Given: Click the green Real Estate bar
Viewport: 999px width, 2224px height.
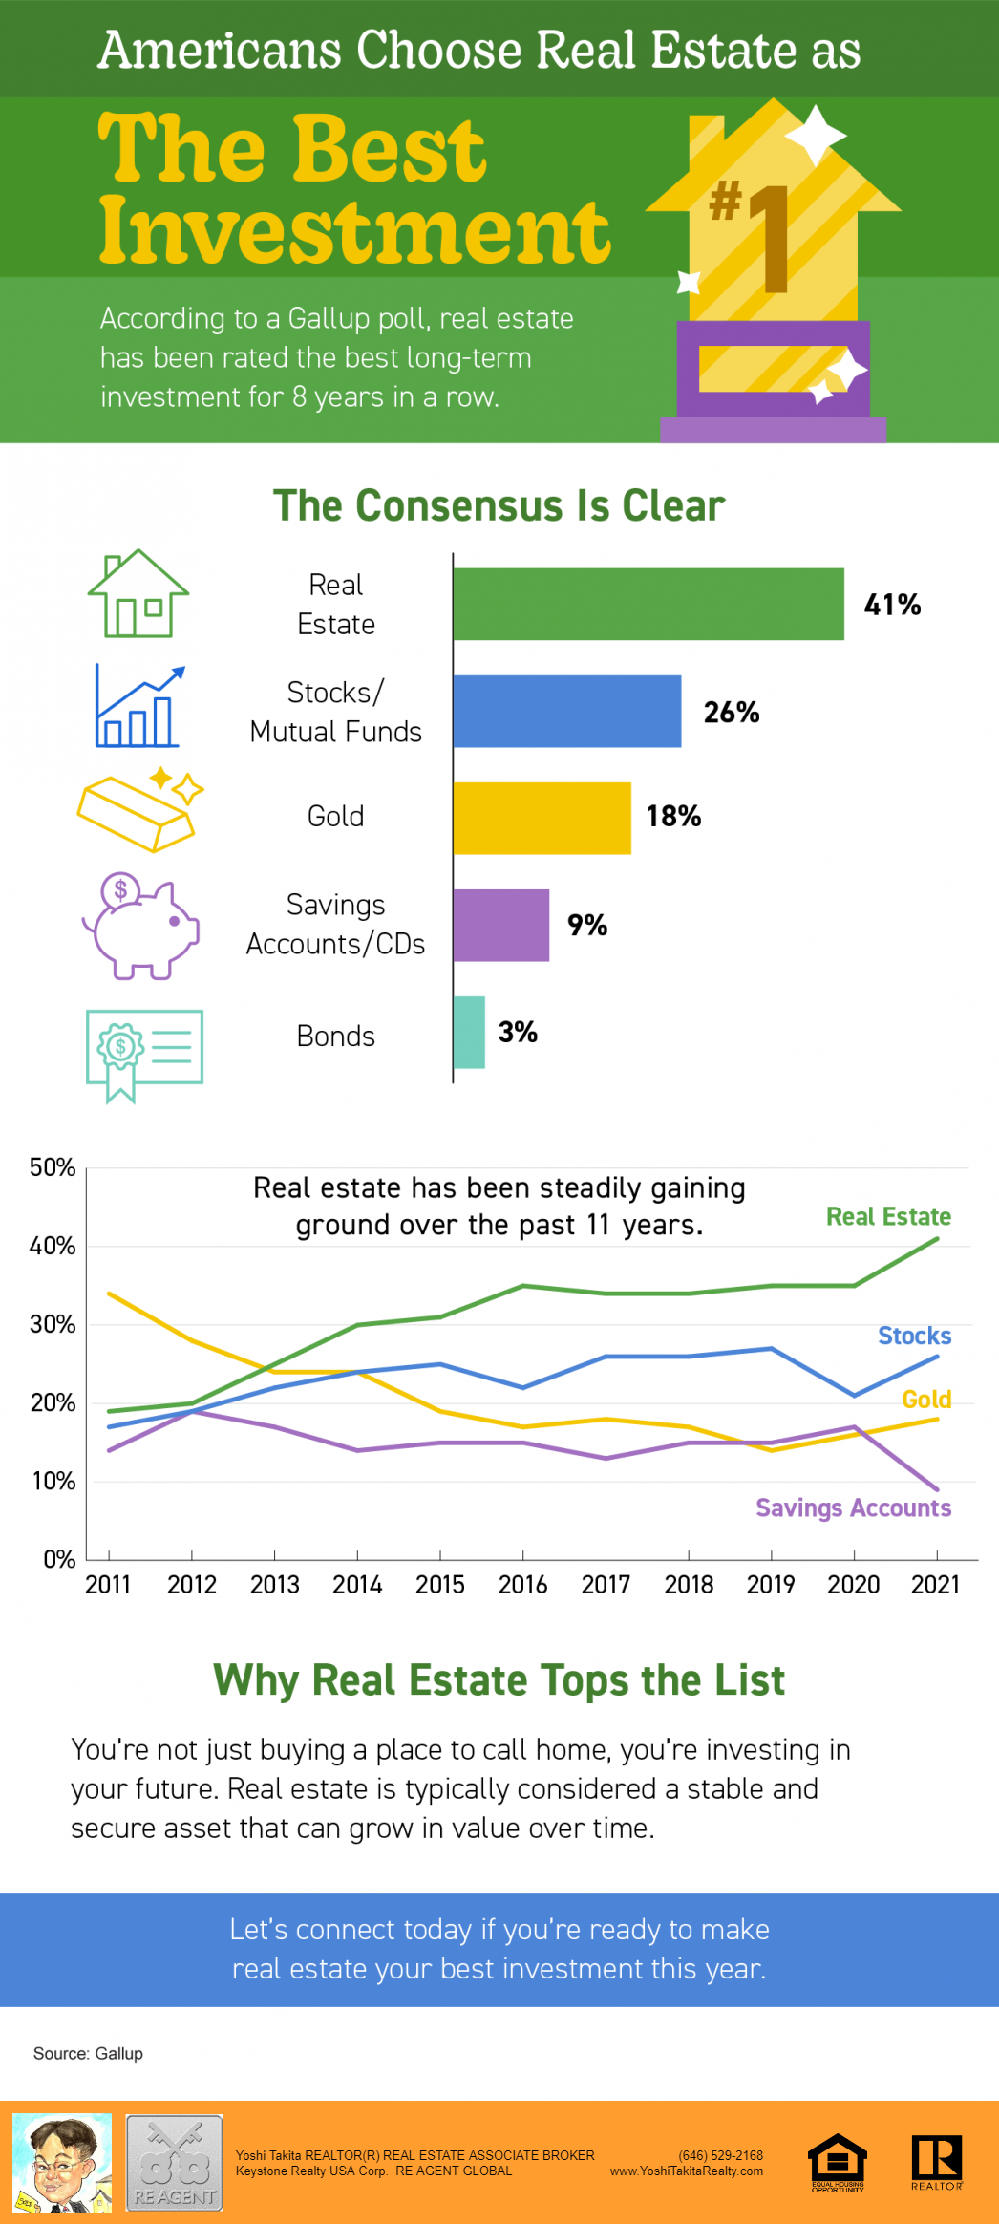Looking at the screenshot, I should click(648, 604).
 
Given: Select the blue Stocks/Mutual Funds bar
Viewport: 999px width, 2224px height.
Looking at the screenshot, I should click(567, 711).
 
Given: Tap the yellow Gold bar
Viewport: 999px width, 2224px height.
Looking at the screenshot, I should click(542, 818).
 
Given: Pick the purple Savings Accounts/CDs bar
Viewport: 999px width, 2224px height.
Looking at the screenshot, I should click(500, 925).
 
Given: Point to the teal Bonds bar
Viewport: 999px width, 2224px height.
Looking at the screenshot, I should click(469, 1032).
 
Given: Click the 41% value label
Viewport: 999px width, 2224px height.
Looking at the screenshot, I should click(892, 605).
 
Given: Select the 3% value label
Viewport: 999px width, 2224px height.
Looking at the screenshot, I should click(518, 1032).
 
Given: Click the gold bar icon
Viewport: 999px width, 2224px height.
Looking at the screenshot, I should click(139, 809).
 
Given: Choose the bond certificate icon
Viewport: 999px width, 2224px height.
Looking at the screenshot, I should click(143, 1054).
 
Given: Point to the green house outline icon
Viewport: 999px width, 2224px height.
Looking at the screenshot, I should click(138, 594).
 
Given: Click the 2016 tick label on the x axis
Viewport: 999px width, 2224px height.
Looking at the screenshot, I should click(522, 1585).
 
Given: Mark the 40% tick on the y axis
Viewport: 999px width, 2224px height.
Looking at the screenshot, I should click(53, 1246).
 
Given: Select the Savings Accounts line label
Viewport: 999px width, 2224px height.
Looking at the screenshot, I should click(853, 1508).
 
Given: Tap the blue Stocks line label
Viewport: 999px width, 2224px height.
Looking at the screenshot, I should click(914, 1336).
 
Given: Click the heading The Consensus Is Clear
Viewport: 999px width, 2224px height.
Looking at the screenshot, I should click(499, 505).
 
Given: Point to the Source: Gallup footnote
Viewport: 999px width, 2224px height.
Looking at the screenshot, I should click(88, 2053).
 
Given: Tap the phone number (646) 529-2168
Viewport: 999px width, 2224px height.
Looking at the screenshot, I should click(720, 2155).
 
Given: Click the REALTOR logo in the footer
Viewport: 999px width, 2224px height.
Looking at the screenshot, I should click(937, 2161).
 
